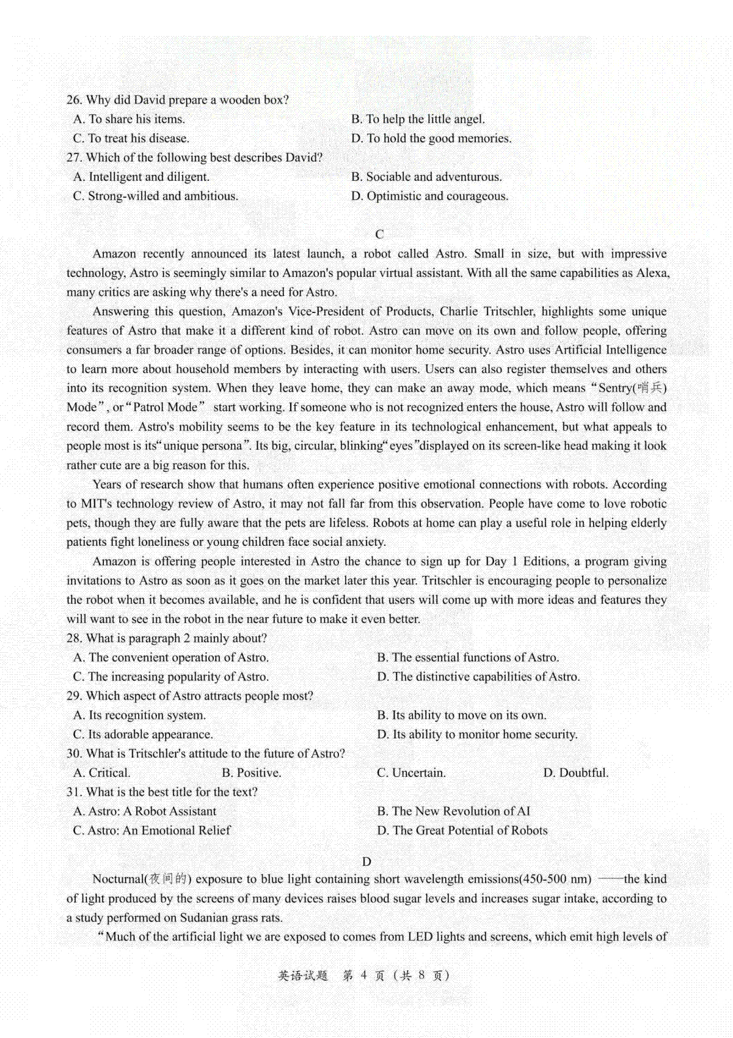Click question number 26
click(74, 100)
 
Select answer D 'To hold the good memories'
click(431, 138)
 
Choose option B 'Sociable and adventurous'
click(426, 177)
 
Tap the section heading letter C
click(379, 234)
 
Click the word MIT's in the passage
click(97, 504)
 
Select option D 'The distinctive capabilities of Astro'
click(478, 676)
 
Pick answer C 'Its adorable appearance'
click(143, 734)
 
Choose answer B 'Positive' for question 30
click(251, 773)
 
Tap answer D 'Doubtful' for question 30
click(575, 773)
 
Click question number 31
click(74, 792)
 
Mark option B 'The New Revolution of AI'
click(453, 811)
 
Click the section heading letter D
click(366, 861)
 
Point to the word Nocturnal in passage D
click(117, 879)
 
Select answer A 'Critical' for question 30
click(101, 773)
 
